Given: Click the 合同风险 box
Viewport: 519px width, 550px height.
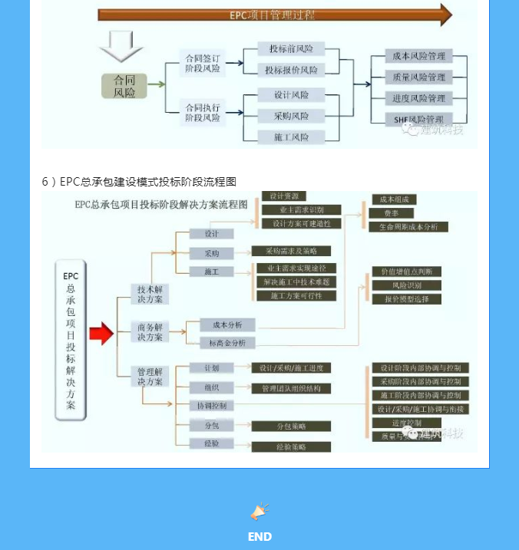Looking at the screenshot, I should pyautogui.click(x=124, y=86).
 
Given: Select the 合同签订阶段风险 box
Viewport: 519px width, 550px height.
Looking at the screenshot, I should pyautogui.click(x=203, y=63).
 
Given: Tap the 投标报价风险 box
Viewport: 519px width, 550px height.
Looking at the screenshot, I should pyautogui.click(x=291, y=70).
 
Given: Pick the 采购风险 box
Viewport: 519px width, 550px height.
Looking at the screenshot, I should pyautogui.click(x=291, y=116).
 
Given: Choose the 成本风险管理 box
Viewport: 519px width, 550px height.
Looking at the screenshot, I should pyautogui.click(x=418, y=56).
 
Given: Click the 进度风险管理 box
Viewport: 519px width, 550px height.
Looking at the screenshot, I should pyautogui.click(x=418, y=98).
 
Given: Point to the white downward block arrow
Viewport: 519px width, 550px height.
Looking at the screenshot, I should pyautogui.click(x=121, y=47).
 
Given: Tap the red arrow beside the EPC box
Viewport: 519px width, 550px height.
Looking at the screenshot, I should pyautogui.click(x=101, y=334).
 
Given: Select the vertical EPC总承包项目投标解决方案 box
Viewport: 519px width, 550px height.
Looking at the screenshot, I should pyautogui.click(x=71, y=341).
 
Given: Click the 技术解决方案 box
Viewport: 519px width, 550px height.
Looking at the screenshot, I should pyautogui.click(x=150, y=295).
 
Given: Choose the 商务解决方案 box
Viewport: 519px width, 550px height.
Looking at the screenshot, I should pyautogui.click(x=150, y=332).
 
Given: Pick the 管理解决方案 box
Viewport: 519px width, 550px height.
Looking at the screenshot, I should pyautogui.click(x=150, y=377).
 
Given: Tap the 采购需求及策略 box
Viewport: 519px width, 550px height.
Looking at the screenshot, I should pyautogui.click(x=292, y=251).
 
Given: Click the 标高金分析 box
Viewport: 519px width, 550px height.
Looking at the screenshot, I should pyautogui.click(x=227, y=344).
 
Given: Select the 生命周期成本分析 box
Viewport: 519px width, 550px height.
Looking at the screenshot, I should pyautogui.click(x=408, y=227).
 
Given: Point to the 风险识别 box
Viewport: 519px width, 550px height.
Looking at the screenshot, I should pyautogui.click(x=406, y=285).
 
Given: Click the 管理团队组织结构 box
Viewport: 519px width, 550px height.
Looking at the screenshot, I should pyautogui.click(x=291, y=389).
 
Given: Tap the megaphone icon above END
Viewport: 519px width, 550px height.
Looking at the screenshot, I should pyautogui.click(x=259, y=512).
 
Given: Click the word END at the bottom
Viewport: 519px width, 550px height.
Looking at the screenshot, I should pyautogui.click(x=259, y=537).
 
